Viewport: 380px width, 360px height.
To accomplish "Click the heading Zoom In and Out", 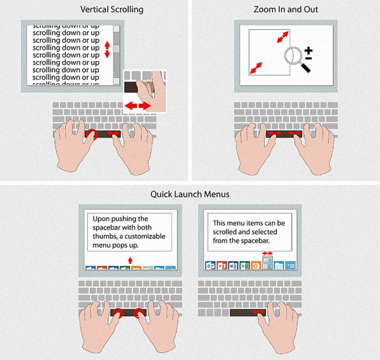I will pos(285,9).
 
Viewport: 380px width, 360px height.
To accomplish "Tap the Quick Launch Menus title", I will pos(189,194).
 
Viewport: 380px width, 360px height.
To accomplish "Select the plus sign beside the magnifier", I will pos(308,50).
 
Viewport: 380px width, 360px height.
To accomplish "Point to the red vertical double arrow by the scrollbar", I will pos(107,50).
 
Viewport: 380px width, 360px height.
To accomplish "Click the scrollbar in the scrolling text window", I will pos(116,54).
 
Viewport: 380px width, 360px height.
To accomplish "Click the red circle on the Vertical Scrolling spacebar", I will pos(93,133).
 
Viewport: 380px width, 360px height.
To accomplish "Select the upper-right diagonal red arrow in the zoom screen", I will pos(281,38).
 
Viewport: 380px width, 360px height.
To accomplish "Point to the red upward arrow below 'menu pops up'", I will pos(130,260).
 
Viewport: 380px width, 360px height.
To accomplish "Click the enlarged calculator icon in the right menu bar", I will pos(267,264).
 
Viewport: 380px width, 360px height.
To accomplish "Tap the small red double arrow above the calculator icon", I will pos(267,254).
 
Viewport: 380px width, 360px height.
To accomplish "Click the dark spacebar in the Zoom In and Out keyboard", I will pos(284,133).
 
